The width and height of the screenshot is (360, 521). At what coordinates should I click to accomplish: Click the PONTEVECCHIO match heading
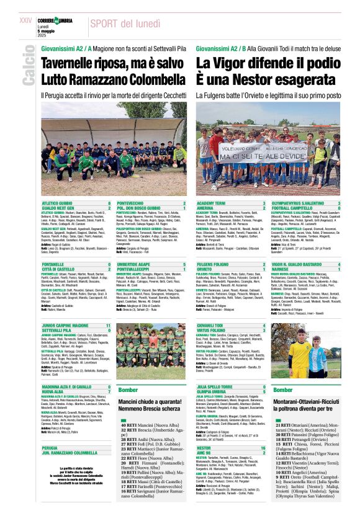131,203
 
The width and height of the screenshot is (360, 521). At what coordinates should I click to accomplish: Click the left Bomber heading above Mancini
128,390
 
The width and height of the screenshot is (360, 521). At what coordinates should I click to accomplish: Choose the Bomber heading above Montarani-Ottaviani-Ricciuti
282,390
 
